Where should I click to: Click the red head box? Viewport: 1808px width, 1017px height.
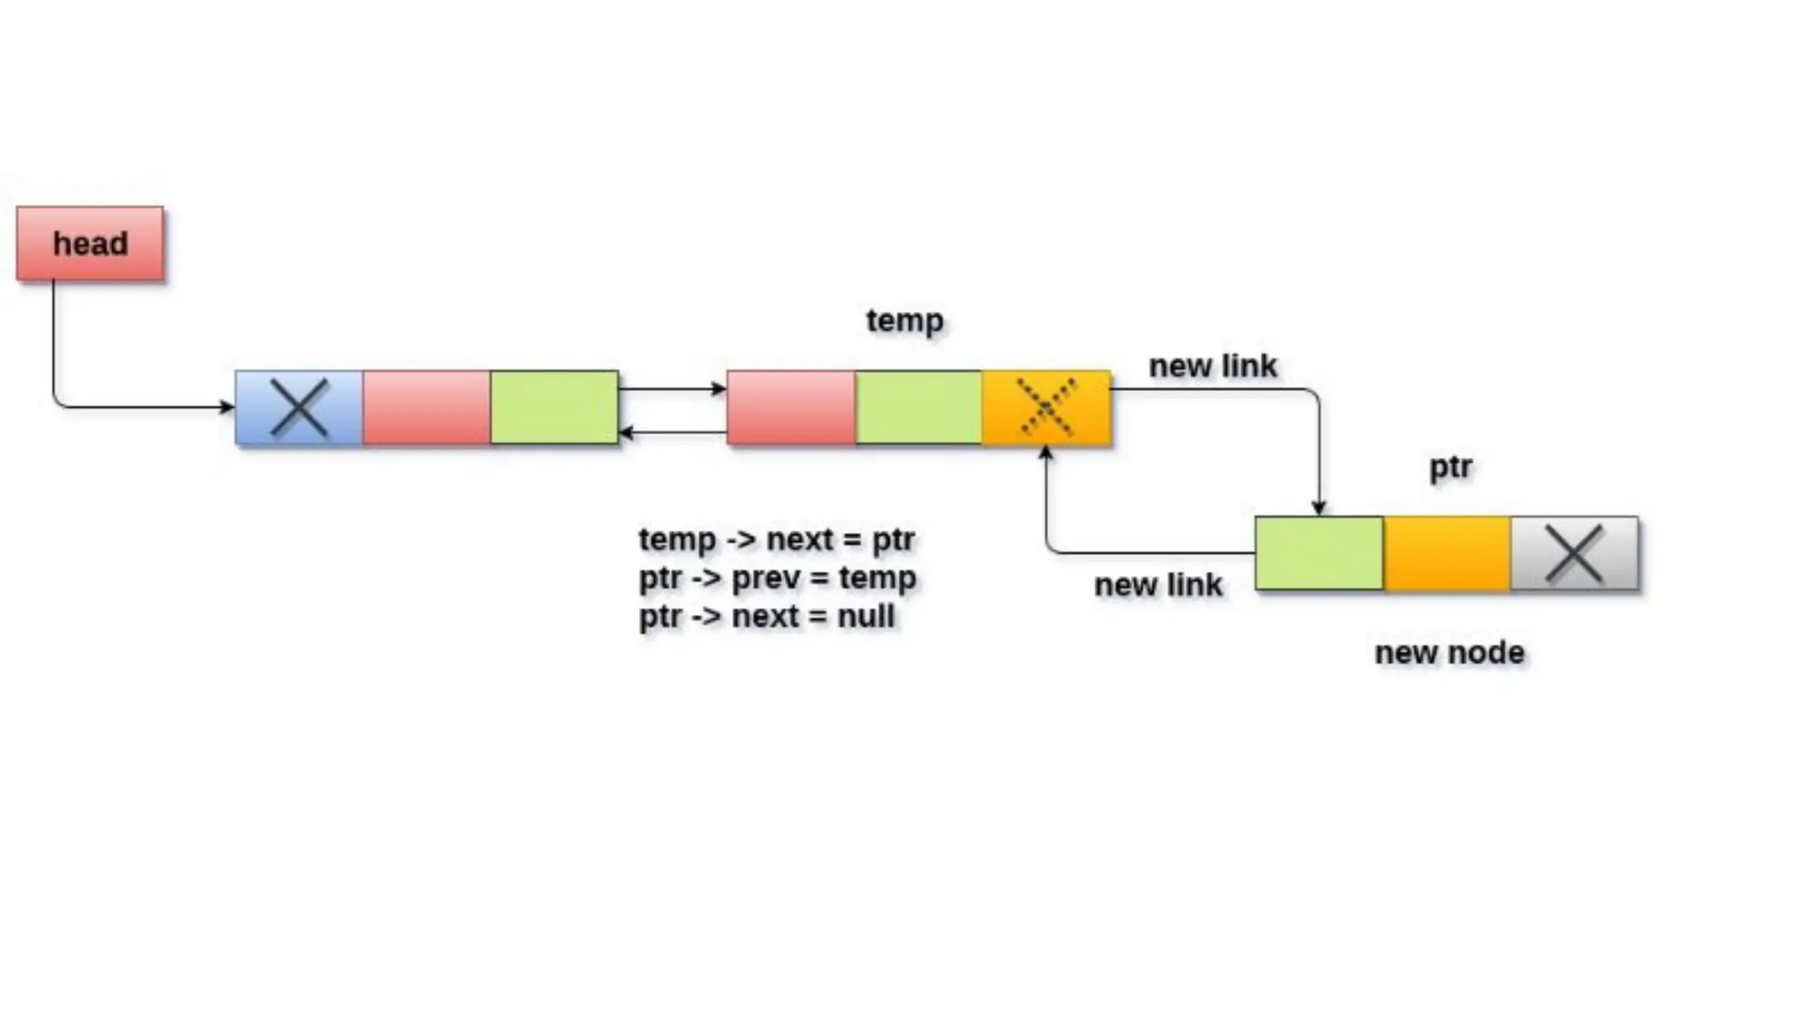click(90, 244)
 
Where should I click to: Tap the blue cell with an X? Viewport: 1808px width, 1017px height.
click(299, 408)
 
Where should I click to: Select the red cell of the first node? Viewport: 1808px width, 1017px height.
click(426, 408)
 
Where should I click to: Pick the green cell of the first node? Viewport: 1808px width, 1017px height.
click(554, 408)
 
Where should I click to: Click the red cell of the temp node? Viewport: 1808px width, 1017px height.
click(791, 408)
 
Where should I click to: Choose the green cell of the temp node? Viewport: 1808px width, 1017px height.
click(918, 408)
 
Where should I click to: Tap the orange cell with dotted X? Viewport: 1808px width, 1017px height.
click(1046, 408)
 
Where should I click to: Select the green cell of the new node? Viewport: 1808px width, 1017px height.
click(1319, 554)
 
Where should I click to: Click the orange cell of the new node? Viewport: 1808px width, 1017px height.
click(1447, 554)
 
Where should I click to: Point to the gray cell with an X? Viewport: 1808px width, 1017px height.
click(1574, 554)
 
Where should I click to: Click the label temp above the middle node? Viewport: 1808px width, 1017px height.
click(905, 320)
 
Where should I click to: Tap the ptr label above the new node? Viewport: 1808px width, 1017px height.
click(1450, 466)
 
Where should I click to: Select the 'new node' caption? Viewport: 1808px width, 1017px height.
click(1450, 652)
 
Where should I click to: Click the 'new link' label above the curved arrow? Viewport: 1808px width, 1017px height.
click(1212, 365)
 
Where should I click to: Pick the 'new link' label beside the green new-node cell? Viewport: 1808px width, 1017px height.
click(1157, 584)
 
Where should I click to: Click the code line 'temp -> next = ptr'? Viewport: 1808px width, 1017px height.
click(776, 539)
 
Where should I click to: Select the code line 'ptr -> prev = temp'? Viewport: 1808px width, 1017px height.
click(777, 577)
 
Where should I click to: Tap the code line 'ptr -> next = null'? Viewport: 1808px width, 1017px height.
click(766, 615)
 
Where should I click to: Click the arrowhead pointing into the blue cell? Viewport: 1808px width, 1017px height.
click(228, 407)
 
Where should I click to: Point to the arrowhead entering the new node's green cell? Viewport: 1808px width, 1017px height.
click(1319, 508)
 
